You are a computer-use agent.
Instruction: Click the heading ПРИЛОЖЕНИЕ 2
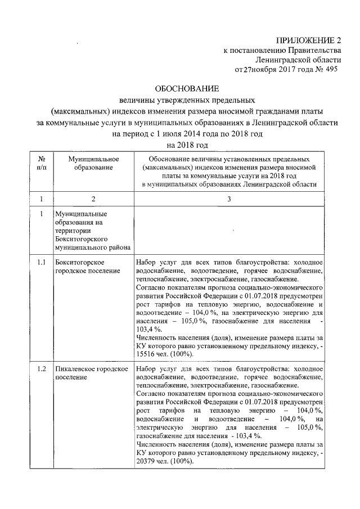(308, 40)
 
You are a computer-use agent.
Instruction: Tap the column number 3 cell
(228, 199)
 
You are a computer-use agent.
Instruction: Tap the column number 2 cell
(92, 199)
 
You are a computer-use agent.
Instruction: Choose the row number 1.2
(42, 368)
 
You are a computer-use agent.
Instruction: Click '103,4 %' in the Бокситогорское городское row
(148, 328)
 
